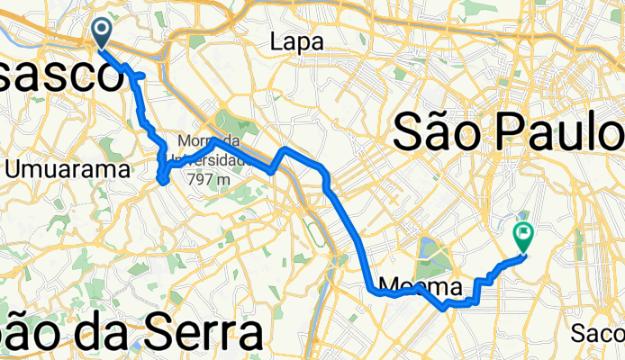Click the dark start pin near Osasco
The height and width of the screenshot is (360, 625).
point(101,33)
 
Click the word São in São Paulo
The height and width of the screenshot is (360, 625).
point(443,135)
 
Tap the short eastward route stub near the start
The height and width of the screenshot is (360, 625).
point(140,74)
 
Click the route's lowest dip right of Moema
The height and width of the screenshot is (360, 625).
point(446,309)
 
